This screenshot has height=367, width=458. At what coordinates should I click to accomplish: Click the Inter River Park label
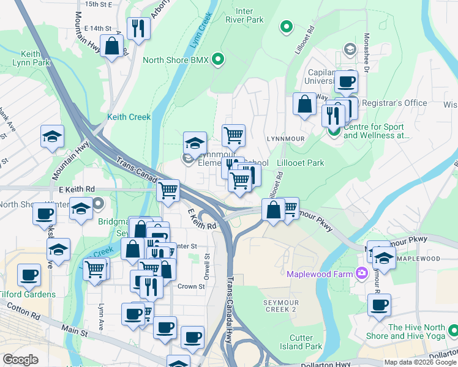pyautogui.click(x=249, y=15)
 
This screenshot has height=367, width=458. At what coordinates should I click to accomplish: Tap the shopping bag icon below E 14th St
pyautogui.click(x=112, y=46)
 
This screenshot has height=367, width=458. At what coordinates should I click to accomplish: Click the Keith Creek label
pyautogui.click(x=129, y=117)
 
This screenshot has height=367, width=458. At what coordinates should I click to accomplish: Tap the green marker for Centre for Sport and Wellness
pyautogui.click(x=334, y=131)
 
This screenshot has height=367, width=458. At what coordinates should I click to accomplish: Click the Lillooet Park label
pyautogui.click(x=301, y=163)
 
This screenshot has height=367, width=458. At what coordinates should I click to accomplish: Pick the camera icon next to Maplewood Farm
pyautogui.click(x=362, y=272)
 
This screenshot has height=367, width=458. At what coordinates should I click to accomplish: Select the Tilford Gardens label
pyautogui.click(x=27, y=294)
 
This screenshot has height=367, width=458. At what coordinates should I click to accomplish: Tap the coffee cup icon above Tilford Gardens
pyautogui.click(x=29, y=274)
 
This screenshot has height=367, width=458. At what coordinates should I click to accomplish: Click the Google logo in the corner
pyautogui.click(x=20, y=360)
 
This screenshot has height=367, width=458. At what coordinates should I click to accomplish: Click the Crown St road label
pyautogui.click(x=191, y=286)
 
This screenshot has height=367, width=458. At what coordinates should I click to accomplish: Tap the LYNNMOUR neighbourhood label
pyautogui.click(x=285, y=139)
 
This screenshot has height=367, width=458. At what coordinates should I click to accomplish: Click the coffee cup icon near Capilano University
pyautogui.click(x=346, y=81)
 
